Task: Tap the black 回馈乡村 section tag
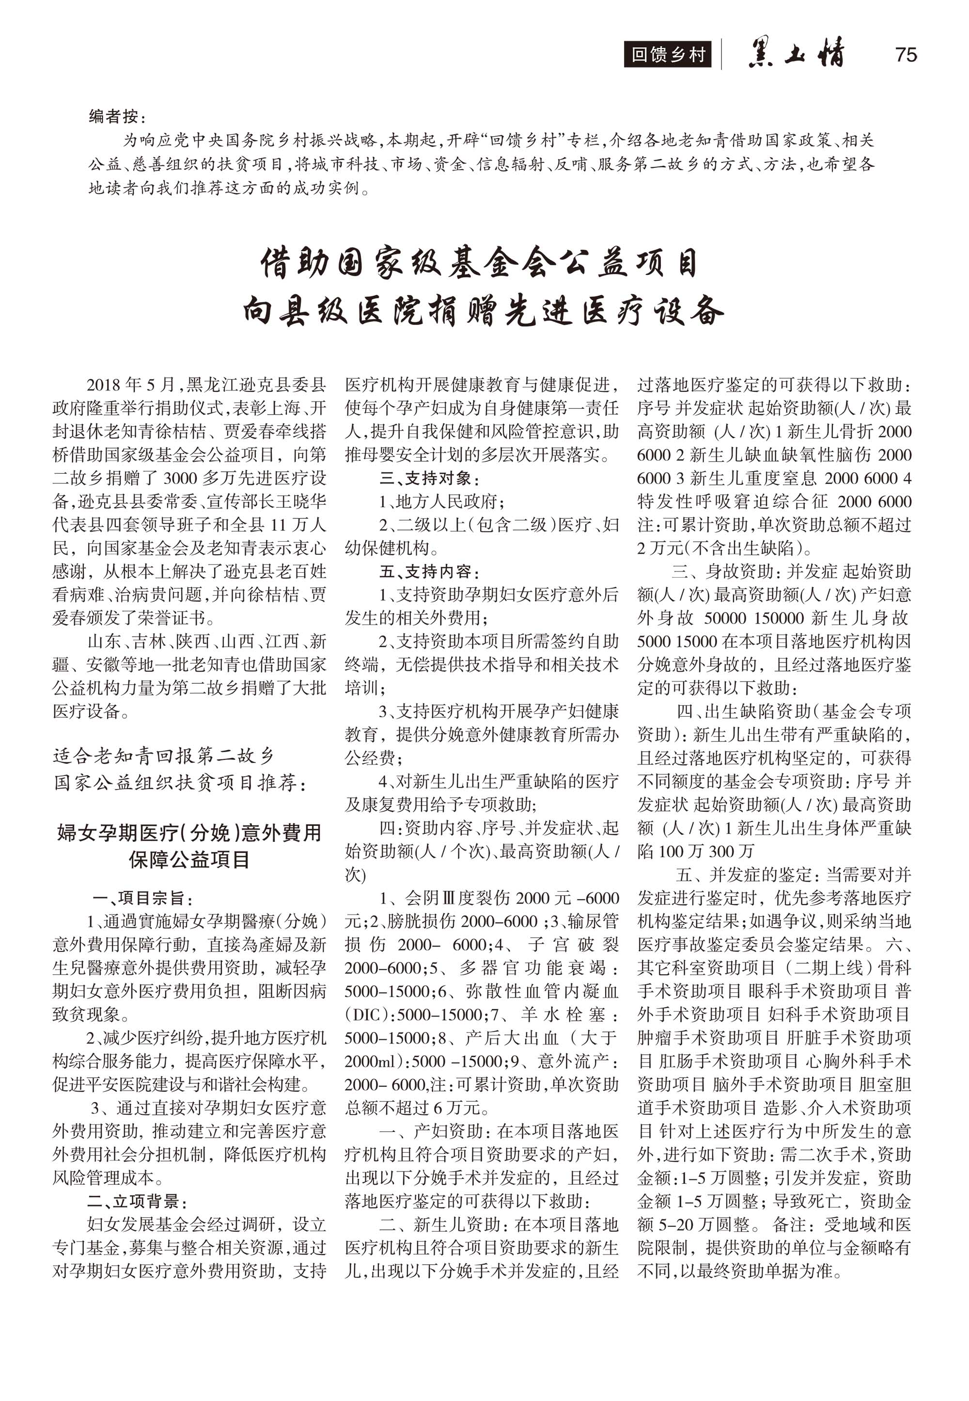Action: click(x=667, y=55)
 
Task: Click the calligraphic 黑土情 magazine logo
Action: click(x=796, y=53)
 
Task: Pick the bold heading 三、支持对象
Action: click(x=430, y=478)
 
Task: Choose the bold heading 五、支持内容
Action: click(x=430, y=571)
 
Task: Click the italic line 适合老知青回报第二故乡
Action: click(x=164, y=755)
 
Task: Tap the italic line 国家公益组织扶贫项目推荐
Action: click(x=180, y=783)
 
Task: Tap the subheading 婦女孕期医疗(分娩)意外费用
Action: click(x=189, y=832)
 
